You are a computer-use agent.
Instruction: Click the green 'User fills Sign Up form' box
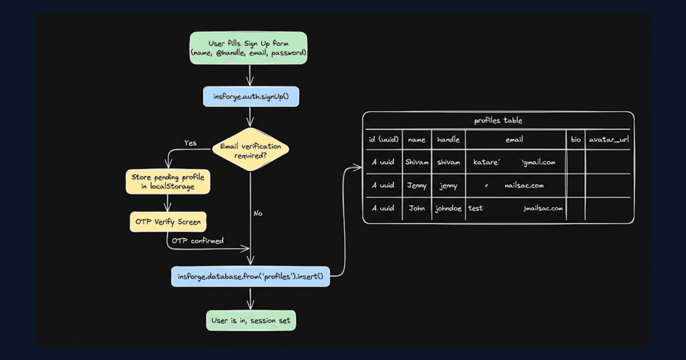pos(248,48)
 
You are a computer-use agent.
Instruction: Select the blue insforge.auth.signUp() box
pos(251,97)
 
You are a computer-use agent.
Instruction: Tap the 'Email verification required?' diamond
pos(250,150)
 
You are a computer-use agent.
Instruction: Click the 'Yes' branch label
pos(190,143)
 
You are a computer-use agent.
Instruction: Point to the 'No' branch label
pos(258,213)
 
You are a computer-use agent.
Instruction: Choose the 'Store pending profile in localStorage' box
pos(168,182)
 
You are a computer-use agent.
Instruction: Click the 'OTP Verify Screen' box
pos(168,222)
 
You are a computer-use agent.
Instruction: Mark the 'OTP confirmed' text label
pos(198,241)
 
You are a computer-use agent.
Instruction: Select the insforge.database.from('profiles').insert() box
pos(250,276)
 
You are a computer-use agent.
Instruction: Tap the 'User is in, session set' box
pos(251,321)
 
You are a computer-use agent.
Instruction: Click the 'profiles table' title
pos(498,120)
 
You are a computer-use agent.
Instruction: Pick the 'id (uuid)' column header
pos(383,139)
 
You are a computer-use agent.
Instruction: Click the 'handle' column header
pos(448,139)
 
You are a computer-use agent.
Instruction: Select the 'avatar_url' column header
pos(608,139)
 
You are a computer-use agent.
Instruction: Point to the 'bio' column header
pos(575,139)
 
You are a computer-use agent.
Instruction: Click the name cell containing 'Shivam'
pos(417,162)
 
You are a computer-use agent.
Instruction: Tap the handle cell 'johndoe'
pos(448,209)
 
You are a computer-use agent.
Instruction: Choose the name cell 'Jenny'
pos(417,186)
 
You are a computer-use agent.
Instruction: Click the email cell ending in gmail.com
pos(514,162)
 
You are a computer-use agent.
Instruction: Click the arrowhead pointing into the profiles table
pos(358,168)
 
